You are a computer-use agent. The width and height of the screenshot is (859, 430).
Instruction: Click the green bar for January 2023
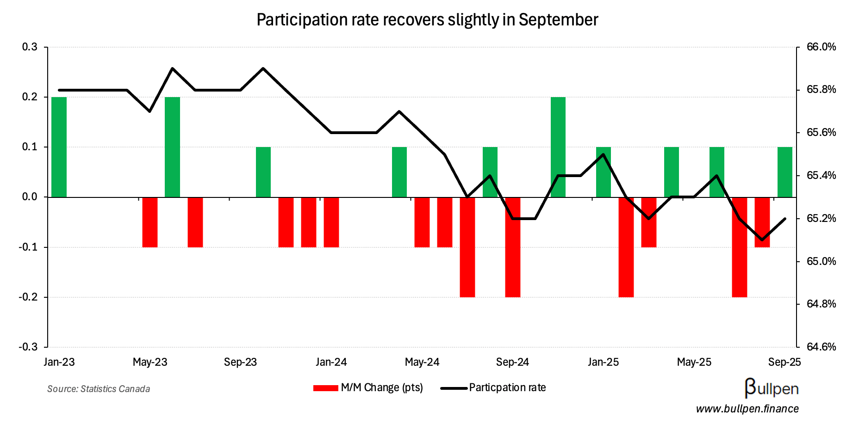59,147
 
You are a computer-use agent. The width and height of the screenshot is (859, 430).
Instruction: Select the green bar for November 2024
558,147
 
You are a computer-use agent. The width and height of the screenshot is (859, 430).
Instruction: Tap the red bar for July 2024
467,247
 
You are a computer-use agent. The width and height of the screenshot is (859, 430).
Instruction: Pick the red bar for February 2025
626,247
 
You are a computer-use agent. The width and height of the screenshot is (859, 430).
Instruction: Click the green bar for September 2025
785,172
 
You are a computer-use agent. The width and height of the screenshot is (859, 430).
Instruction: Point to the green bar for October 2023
263,172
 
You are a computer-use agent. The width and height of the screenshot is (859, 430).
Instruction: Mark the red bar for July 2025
740,247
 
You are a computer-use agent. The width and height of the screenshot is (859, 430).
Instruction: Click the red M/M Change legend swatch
325,388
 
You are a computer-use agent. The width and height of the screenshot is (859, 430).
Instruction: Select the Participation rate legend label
507,387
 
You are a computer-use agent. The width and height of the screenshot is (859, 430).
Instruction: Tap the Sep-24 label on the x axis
512,362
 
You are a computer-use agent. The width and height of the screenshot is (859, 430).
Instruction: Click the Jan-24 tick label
331,362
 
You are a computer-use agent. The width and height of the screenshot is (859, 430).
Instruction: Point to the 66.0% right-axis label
821,47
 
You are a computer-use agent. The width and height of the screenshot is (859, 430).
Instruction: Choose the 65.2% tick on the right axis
821,218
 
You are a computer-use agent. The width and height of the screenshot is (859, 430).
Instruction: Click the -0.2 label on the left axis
27,297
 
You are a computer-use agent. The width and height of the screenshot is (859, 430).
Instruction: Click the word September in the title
558,20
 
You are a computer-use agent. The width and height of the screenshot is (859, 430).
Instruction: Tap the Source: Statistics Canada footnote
99,389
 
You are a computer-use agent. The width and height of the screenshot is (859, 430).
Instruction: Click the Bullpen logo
772,388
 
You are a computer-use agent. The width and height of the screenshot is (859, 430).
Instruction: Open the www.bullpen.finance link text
747,409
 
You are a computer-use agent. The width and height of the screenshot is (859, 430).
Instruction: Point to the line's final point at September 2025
785,219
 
